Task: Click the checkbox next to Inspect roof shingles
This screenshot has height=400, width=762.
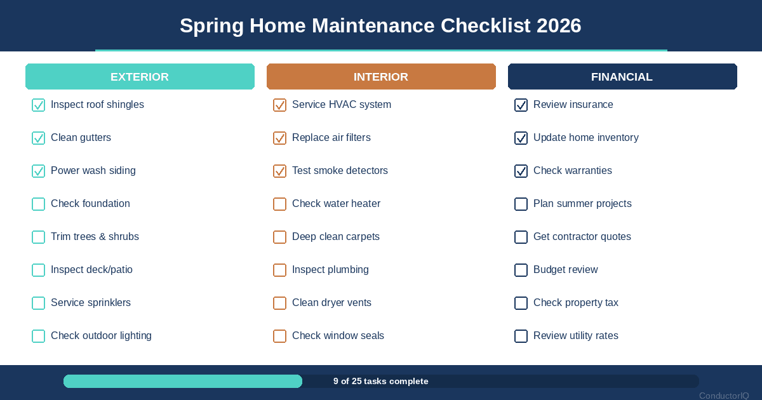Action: (38, 105)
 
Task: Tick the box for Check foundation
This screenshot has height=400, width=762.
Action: (38, 204)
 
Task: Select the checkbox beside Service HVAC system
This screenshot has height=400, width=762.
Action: (279, 105)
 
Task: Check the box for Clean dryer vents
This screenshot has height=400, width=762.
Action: (279, 303)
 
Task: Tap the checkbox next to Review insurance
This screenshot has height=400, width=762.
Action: (521, 105)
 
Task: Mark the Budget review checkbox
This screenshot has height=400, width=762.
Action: (521, 270)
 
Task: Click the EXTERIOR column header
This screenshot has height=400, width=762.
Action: (140, 77)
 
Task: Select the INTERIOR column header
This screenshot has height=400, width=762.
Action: (381, 77)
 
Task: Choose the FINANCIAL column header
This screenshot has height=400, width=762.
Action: (622, 77)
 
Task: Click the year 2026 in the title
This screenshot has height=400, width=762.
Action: (559, 26)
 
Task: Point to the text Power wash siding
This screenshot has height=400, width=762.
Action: (93, 171)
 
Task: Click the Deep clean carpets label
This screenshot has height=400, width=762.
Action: (336, 237)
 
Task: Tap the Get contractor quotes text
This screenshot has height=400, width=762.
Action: (582, 237)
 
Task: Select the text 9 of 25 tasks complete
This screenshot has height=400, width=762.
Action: (381, 382)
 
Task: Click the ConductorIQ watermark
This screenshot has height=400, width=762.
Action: (724, 396)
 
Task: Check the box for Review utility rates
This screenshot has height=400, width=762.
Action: (521, 336)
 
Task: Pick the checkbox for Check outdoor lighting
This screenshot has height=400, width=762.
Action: (38, 336)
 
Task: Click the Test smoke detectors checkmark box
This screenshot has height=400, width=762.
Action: (279, 171)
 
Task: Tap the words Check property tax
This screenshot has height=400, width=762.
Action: (576, 303)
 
